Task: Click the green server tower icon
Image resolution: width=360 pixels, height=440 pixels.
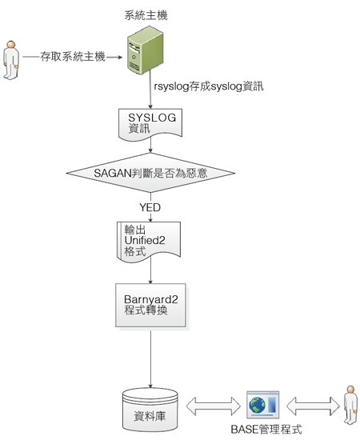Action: click(x=145, y=50)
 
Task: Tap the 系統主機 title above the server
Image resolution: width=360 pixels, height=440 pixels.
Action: click(x=146, y=15)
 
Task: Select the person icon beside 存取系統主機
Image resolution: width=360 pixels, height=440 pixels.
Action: click(x=11, y=60)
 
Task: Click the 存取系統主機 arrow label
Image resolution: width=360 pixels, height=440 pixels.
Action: click(x=73, y=57)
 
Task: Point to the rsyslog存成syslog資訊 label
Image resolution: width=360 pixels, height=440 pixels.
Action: click(x=209, y=86)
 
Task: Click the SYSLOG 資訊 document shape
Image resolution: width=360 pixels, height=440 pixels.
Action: click(x=150, y=125)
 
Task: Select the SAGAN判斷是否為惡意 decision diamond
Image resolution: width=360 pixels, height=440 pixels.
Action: click(x=150, y=173)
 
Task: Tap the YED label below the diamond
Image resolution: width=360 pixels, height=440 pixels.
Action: click(x=150, y=207)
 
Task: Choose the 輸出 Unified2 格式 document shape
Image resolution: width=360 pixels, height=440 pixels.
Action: click(x=149, y=242)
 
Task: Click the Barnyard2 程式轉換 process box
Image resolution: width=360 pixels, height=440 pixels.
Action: click(x=150, y=306)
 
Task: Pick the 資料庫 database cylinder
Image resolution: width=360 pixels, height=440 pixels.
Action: click(x=150, y=410)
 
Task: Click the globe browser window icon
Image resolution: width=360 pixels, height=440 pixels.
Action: click(x=263, y=405)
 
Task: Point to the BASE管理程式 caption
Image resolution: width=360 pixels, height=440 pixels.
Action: click(x=266, y=430)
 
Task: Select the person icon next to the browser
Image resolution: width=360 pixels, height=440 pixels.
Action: click(x=350, y=406)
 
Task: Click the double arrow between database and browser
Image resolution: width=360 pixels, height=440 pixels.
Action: click(x=214, y=406)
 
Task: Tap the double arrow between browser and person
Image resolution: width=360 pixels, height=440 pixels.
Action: click(x=313, y=406)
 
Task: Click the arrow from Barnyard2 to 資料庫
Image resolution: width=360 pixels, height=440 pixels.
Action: click(x=150, y=359)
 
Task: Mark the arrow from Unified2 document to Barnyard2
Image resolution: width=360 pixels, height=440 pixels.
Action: click(x=150, y=270)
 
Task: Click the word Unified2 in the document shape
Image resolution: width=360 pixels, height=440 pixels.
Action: click(x=145, y=241)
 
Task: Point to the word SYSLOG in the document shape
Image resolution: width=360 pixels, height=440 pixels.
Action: click(x=152, y=118)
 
